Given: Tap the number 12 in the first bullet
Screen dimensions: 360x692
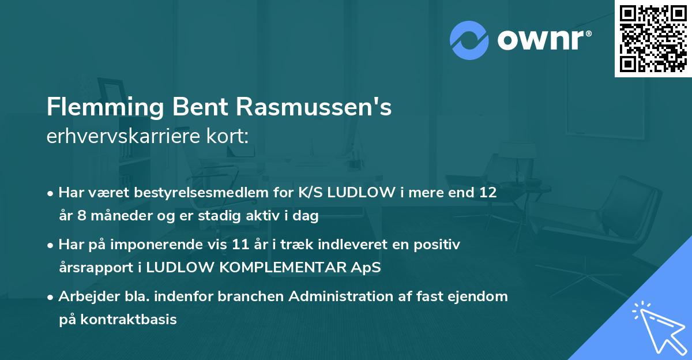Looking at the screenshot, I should pos(487,193).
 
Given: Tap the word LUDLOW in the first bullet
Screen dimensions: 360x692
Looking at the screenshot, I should pos(360,193).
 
